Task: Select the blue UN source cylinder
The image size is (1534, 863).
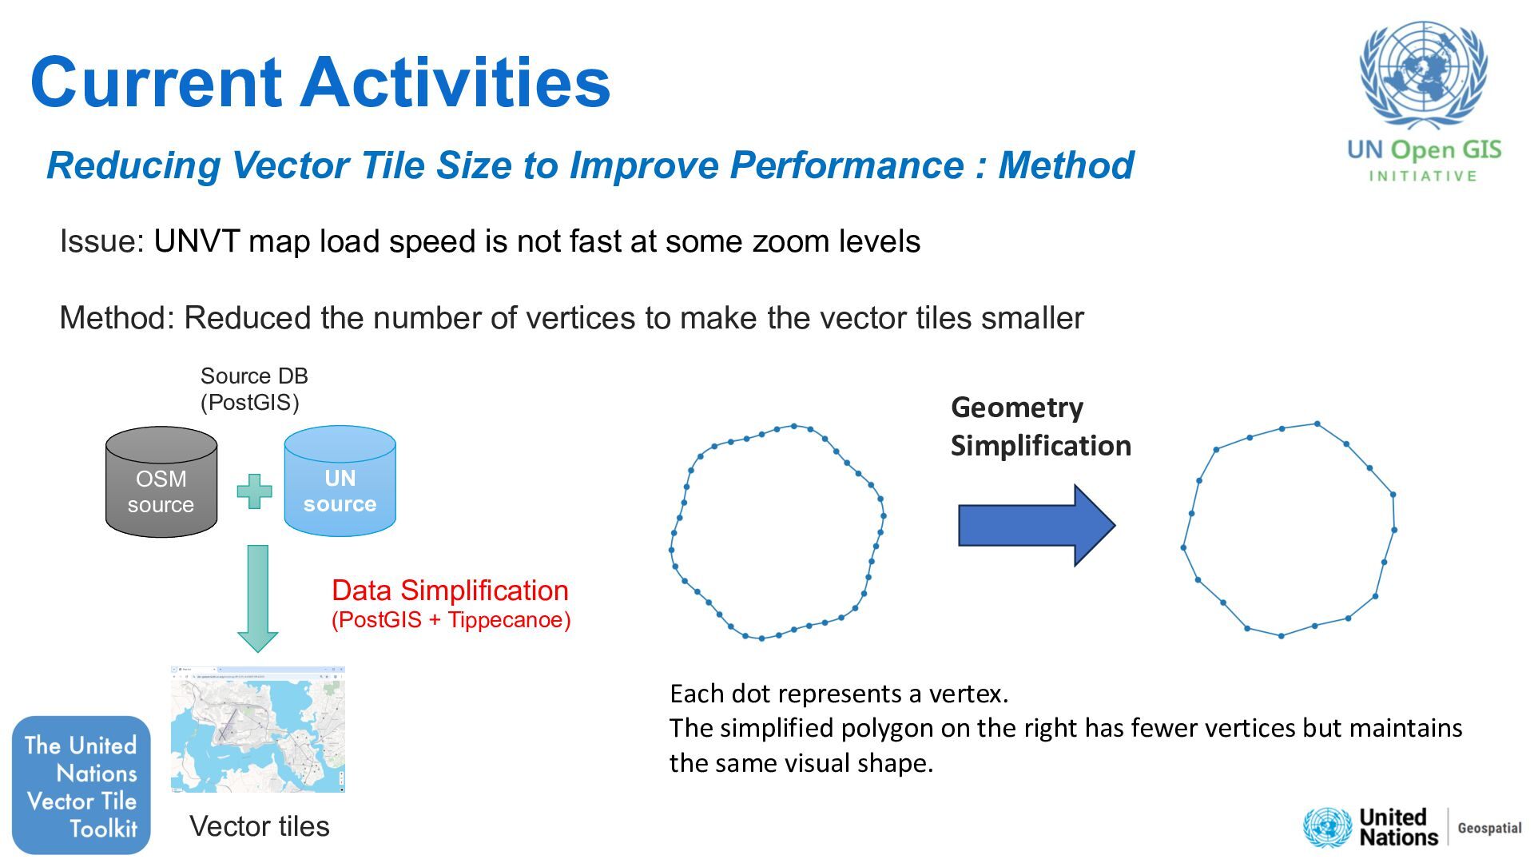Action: coord(340,481)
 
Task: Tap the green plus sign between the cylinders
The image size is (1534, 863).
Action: coord(254,491)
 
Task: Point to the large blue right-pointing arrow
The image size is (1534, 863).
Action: coord(1035,525)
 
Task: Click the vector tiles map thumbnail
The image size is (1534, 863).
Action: coord(258,729)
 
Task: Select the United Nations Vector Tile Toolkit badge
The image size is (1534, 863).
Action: coord(81,785)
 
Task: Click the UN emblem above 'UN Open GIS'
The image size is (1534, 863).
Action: coord(1423,76)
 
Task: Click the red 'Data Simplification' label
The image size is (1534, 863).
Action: coord(450,591)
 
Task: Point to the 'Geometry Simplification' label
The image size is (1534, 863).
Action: coord(1040,427)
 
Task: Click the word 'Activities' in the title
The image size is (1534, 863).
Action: coord(455,82)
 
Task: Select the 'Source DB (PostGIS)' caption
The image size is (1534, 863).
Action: coord(253,389)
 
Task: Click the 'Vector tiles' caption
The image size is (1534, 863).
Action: coord(260,826)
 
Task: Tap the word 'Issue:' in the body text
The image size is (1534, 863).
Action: coord(101,241)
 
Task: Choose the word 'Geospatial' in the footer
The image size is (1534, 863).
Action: coord(1489,828)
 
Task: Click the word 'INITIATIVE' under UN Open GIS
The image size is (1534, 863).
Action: coord(1423,177)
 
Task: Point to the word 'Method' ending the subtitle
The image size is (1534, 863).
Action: coord(1066,165)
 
